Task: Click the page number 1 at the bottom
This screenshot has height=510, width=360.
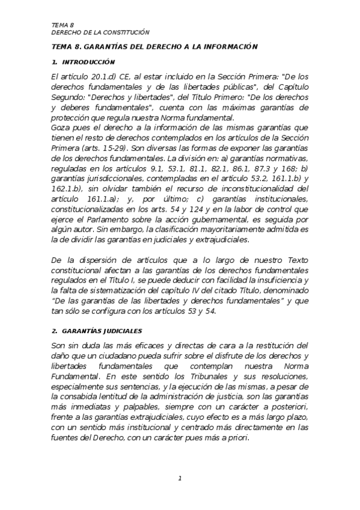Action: [x=180, y=478]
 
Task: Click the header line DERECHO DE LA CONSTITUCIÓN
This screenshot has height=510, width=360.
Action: [x=100, y=32]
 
